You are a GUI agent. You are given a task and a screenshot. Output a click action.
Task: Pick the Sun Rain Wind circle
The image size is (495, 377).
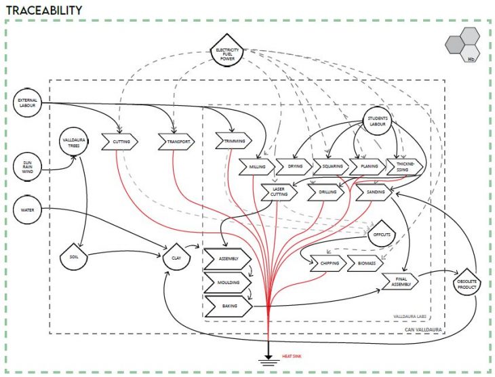click(x=28, y=167)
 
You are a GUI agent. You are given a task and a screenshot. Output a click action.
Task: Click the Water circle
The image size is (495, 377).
click(x=28, y=209)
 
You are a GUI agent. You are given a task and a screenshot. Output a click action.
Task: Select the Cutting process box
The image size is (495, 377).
click(x=119, y=142)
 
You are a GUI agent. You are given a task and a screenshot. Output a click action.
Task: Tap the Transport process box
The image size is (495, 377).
click(x=176, y=142)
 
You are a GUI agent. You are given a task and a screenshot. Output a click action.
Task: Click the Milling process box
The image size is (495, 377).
click(x=257, y=165)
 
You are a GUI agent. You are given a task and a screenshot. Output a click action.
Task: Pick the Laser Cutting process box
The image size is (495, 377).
click(x=279, y=192)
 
